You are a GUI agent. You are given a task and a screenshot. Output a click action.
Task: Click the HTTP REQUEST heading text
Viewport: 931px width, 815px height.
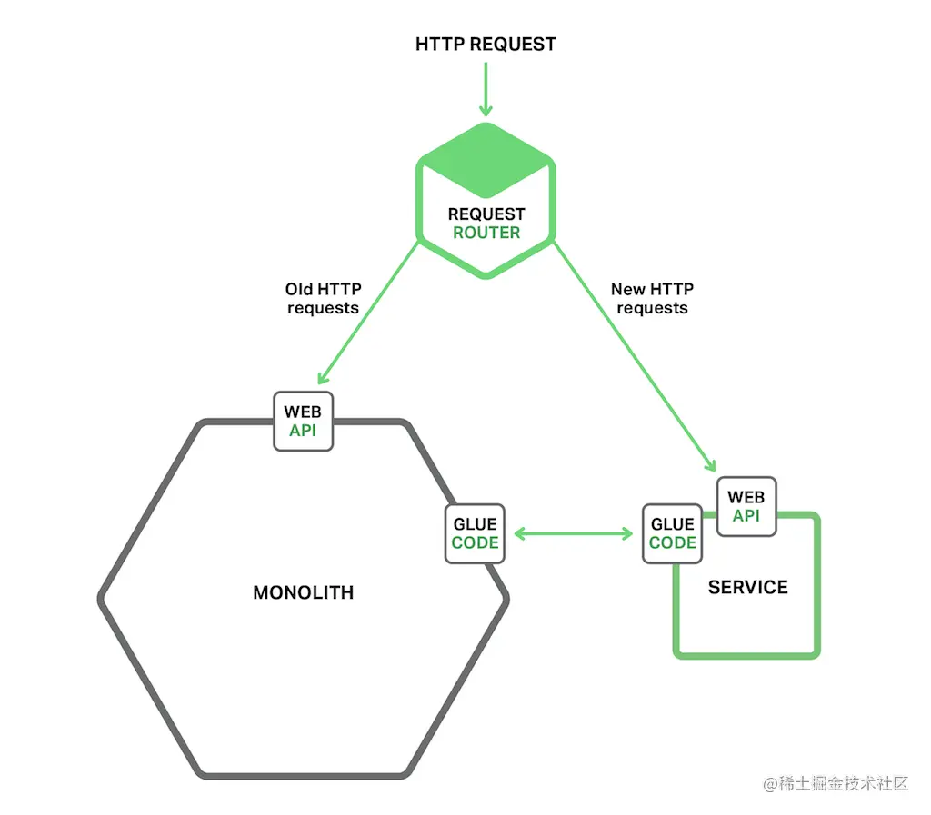tap(486, 44)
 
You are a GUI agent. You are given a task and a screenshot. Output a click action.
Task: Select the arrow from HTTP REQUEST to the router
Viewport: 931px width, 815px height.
tap(486, 89)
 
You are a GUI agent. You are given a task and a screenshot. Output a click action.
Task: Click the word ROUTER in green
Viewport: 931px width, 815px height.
tap(486, 233)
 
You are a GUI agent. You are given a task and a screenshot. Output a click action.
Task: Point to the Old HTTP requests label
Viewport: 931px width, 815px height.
tap(323, 299)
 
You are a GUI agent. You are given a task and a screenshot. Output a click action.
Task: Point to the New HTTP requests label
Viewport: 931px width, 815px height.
tap(652, 299)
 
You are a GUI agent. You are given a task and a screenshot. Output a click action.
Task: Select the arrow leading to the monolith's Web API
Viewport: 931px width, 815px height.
tap(367, 313)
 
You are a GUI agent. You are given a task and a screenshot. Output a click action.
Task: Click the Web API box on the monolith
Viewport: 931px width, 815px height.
tap(304, 421)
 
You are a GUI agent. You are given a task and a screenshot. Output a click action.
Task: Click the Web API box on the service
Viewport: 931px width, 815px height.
tap(746, 506)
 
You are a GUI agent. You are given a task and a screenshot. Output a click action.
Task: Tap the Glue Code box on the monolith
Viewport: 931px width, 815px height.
tap(475, 533)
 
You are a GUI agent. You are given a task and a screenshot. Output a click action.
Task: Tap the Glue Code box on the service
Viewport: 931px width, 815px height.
tap(673, 533)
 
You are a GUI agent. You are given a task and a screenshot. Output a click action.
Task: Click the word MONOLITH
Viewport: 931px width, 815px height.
tap(303, 593)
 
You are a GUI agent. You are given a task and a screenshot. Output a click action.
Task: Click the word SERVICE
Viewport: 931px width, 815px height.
tap(747, 587)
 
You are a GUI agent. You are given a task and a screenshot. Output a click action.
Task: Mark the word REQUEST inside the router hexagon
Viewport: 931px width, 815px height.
tap(486, 214)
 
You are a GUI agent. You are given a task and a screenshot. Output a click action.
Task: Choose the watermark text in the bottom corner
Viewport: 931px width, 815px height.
tap(836, 783)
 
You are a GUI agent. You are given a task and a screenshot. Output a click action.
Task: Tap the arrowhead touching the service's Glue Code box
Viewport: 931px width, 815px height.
tap(626, 533)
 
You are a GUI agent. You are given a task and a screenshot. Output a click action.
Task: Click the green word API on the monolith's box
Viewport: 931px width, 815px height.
tap(303, 431)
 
